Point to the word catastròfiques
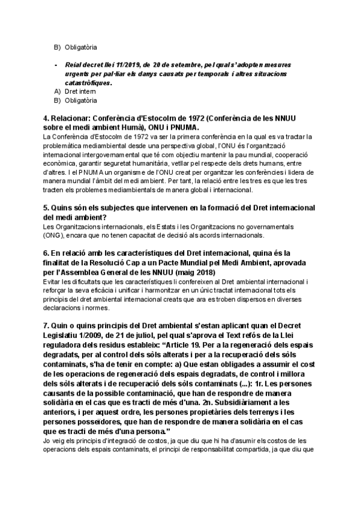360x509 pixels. (x=88, y=82)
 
